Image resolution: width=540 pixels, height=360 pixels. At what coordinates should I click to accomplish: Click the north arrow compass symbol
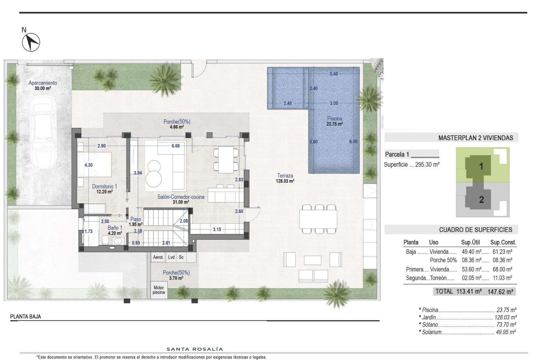click(31, 42)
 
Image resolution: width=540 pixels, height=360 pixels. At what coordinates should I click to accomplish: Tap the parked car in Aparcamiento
click(44, 132)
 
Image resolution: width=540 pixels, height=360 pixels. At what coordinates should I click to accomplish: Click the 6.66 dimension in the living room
click(175, 146)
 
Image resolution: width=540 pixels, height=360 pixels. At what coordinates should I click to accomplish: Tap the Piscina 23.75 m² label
click(334, 121)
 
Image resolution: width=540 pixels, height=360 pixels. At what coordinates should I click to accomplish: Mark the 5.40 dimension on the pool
click(334, 74)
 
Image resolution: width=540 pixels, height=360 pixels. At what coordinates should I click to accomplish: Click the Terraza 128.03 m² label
click(285, 178)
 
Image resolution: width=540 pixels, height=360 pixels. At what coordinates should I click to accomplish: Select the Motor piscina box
click(159, 290)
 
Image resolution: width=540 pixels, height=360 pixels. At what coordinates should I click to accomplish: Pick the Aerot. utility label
click(158, 257)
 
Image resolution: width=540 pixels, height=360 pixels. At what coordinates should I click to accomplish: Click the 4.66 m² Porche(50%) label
click(177, 124)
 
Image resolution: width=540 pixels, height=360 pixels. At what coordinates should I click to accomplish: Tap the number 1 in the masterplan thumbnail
click(481, 166)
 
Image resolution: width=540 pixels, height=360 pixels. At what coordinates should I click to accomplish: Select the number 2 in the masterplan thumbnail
click(481, 200)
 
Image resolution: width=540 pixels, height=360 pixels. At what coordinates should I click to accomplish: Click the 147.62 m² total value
click(500, 292)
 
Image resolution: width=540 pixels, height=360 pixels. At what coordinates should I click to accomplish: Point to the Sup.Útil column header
click(470, 242)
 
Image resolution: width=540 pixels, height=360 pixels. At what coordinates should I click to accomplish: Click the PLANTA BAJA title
click(26, 316)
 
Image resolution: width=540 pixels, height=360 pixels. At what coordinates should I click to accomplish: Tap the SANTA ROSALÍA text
click(195, 349)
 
